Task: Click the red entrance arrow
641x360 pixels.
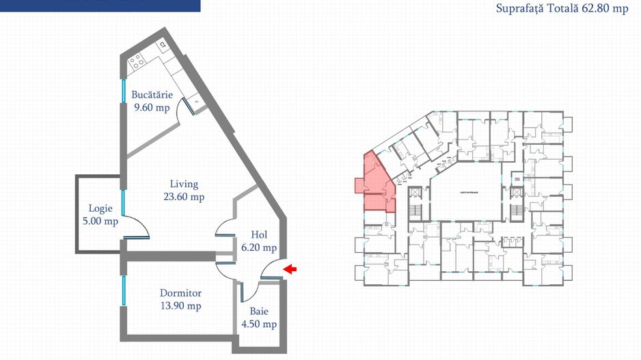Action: point(290,269)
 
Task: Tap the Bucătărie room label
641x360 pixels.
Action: point(152,95)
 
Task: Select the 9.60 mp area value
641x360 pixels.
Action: point(152,107)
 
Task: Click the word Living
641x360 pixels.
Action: point(184,184)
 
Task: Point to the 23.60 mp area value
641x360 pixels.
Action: point(184,197)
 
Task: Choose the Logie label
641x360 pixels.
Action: point(100,209)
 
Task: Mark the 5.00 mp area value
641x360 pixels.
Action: point(100,221)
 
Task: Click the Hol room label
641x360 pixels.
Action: point(259,235)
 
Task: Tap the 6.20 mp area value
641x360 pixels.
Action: point(259,248)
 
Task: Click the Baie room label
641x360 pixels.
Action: point(259,311)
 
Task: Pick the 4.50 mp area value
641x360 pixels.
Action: point(259,324)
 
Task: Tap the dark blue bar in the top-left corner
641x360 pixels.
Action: point(100,5)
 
